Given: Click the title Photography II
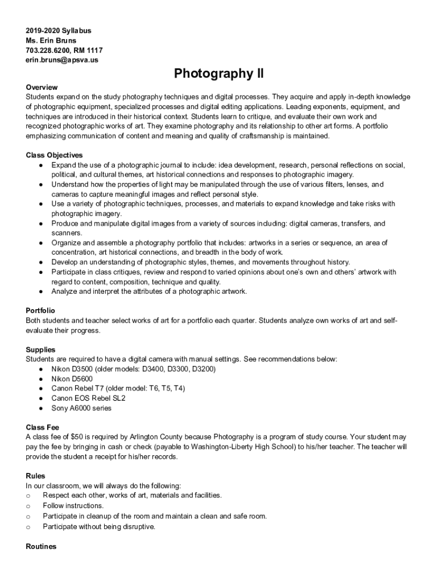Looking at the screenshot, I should coord(219,73).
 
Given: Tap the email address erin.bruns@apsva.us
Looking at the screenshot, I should coord(61,60).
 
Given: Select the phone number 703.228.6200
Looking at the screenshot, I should coord(48,50).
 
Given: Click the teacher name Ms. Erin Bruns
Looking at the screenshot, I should coord(51,40).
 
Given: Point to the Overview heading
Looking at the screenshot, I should coord(42,87).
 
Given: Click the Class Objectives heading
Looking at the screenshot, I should coord(55,155).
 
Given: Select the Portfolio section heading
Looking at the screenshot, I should coord(40,310).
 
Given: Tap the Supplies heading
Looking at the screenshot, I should coord(40,350).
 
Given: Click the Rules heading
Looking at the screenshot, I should coord(36,476).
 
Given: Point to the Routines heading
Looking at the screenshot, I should coord(42,546).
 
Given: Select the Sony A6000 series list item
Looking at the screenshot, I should coord(81,408).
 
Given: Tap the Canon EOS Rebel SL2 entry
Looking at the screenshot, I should coord(88,398).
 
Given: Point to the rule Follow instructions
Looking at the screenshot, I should coord(73,505).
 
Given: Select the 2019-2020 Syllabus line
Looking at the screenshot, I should coord(59,31).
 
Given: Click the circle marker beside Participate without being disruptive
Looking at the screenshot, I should coord(28,526).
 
